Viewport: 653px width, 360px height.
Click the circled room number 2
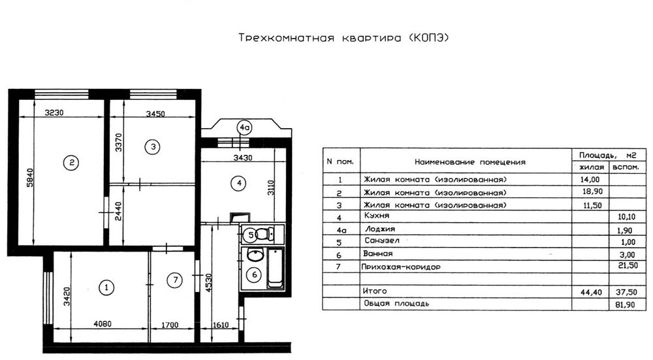click(72, 163)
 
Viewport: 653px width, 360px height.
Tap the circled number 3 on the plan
click(153, 146)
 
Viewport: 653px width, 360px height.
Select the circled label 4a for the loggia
click(244, 128)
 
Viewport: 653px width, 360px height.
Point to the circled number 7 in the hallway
click(175, 280)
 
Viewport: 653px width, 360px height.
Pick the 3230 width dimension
click(54, 112)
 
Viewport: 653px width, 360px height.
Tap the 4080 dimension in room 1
click(102, 323)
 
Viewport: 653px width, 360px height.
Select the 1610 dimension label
click(220, 325)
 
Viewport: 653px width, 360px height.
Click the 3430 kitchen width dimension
click(243, 158)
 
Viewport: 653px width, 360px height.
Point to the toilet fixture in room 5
click(264, 234)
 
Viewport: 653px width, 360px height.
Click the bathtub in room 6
click(276, 269)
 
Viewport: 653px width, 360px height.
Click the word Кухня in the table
click(377, 216)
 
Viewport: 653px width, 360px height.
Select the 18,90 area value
click(592, 191)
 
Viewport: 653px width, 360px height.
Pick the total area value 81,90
click(625, 305)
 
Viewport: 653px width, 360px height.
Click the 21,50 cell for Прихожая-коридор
click(628, 265)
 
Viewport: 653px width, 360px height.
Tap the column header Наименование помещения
click(470, 162)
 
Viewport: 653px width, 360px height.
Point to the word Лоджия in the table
click(380, 229)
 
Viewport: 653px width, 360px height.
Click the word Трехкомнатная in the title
click(287, 38)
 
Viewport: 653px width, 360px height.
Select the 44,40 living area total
click(592, 293)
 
